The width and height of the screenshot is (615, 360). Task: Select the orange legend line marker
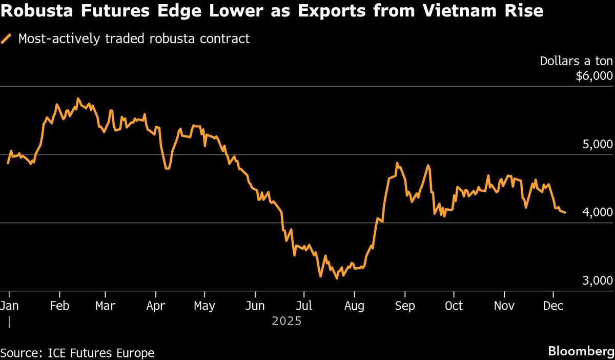point(7,39)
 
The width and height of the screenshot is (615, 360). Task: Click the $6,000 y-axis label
point(594,76)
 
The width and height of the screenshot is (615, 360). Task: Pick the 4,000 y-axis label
point(598,212)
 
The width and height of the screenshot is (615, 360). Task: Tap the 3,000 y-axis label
point(598,281)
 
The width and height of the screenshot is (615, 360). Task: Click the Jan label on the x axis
point(10,306)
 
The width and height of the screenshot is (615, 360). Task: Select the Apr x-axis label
point(155,306)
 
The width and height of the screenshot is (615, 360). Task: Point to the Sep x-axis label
point(404,306)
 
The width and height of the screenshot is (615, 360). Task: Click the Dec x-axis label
point(553,306)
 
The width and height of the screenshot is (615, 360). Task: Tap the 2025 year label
point(286,322)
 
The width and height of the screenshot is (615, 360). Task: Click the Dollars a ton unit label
point(576,61)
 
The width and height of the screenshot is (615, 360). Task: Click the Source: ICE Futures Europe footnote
point(77,353)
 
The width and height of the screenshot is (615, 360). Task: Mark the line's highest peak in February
point(77,98)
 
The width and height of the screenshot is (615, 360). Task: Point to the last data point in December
point(565,212)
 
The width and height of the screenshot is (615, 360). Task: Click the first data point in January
point(8,163)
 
